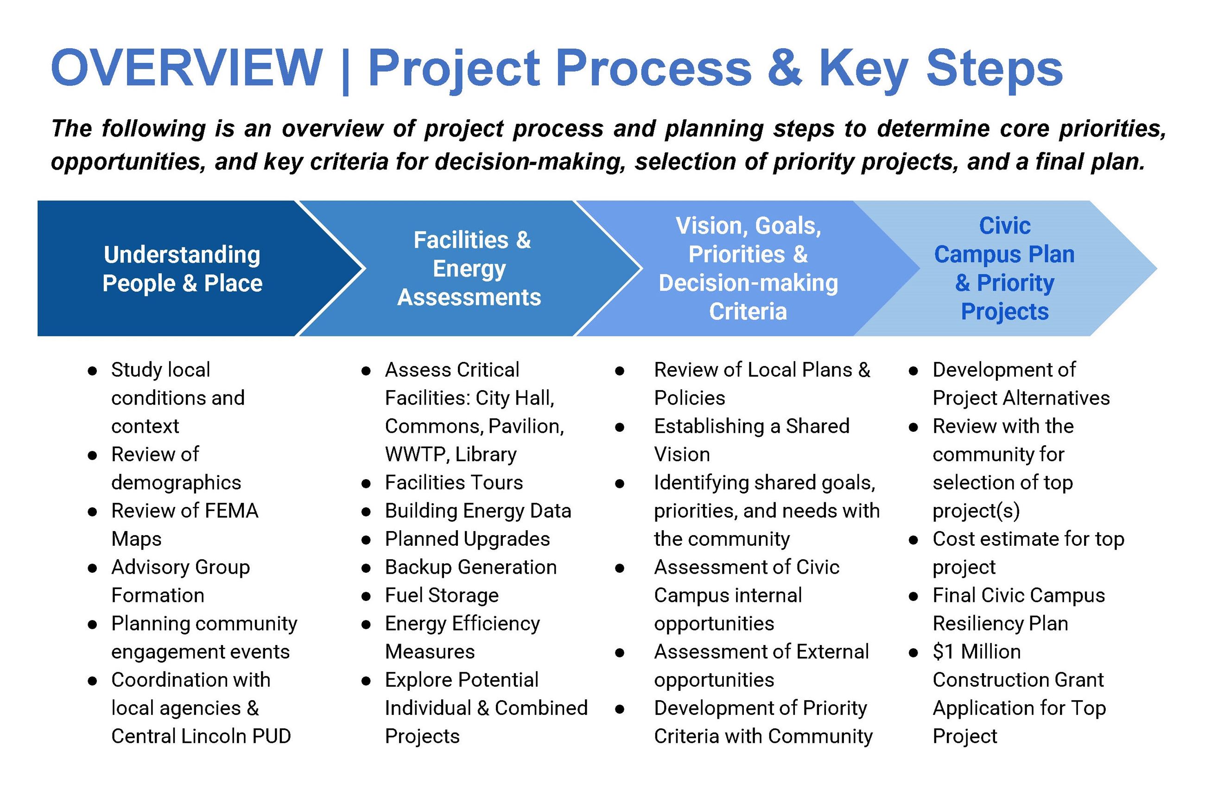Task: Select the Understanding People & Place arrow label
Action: [182, 269]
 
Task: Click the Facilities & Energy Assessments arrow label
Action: [470, 268]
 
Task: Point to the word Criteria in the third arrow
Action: [748, 311]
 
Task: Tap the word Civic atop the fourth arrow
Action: [1005, 226]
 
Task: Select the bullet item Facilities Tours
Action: [454, 482]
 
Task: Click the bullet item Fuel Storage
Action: [441, 595]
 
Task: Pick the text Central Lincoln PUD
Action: [201, 736]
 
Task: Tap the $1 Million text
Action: [976, 652]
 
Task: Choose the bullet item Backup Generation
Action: [470, 567]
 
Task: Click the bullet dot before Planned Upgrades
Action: [366, 540]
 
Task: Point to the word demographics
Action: [176, 482]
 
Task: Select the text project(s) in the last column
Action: [976, 511]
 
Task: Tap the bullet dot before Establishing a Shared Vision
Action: [619, 427]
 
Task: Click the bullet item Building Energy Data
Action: [477, 511]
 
